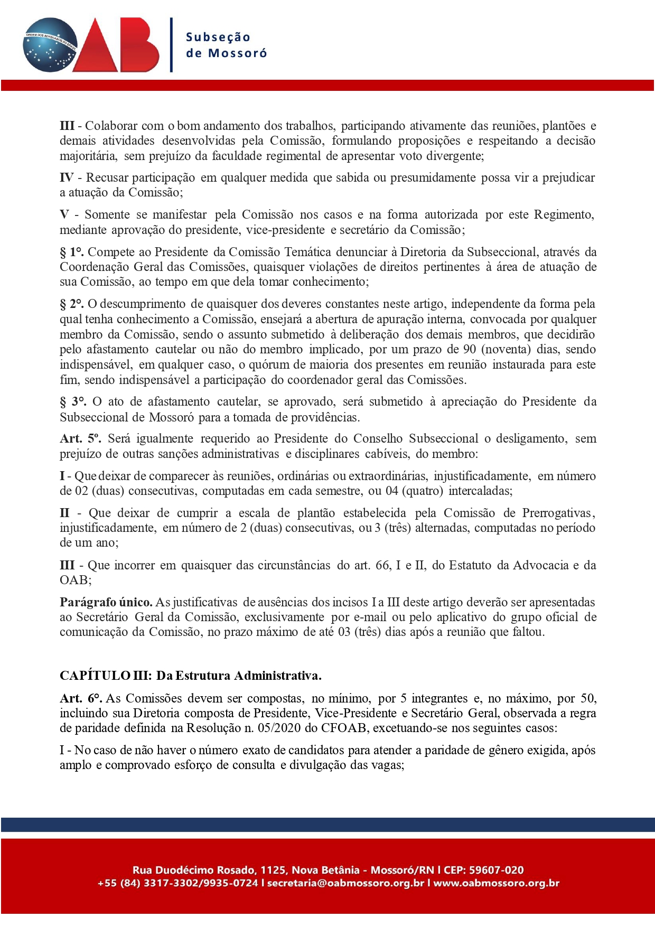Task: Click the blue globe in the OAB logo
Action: (x=50, y=45)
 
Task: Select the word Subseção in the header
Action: (x=218, y=38)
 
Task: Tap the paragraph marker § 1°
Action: (x=72, y=252)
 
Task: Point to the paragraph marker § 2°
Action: (x=72, y=304)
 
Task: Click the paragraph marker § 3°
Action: (x=73, y=401)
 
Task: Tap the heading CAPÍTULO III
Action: (x=105, y=676)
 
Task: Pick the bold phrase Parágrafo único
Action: (x=106, y=602)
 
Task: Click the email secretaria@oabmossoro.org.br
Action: (x=345, y=883)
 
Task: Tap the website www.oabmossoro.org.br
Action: (x=496, y=883)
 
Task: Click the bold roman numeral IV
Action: (x=67, y=177)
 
